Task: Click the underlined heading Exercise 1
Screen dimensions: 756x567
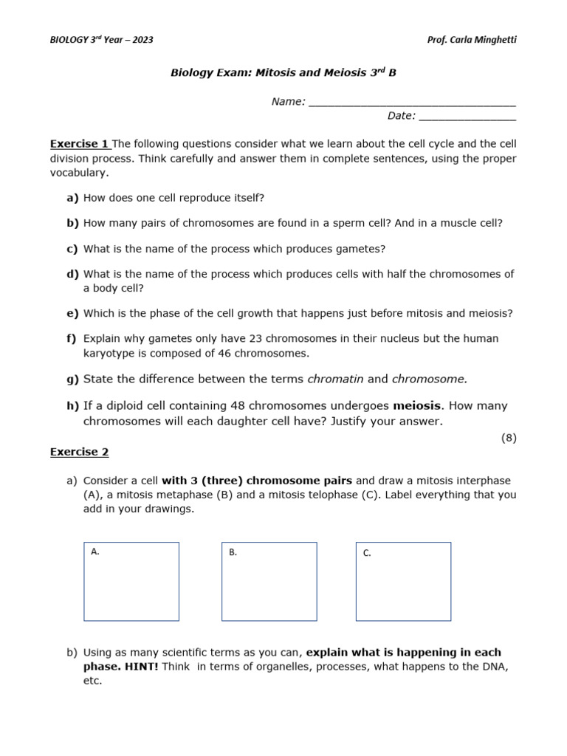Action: pos(80,144)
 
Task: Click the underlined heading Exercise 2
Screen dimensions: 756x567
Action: pos(79,452)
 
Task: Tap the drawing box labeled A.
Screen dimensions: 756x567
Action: pos(131,582)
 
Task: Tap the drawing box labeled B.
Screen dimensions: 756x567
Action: pos(269,582)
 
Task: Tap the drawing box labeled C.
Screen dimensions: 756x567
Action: pos(403,582)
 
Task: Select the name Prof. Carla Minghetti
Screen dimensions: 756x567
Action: pos(472,40)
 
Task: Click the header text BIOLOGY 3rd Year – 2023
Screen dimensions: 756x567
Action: pos(101,40)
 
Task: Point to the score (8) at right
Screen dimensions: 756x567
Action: pos(509,438)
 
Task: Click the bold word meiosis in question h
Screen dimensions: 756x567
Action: pos(416,406)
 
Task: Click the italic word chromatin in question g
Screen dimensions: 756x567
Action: pos(335,379)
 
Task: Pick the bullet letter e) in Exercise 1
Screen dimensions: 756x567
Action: pos(72,314)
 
